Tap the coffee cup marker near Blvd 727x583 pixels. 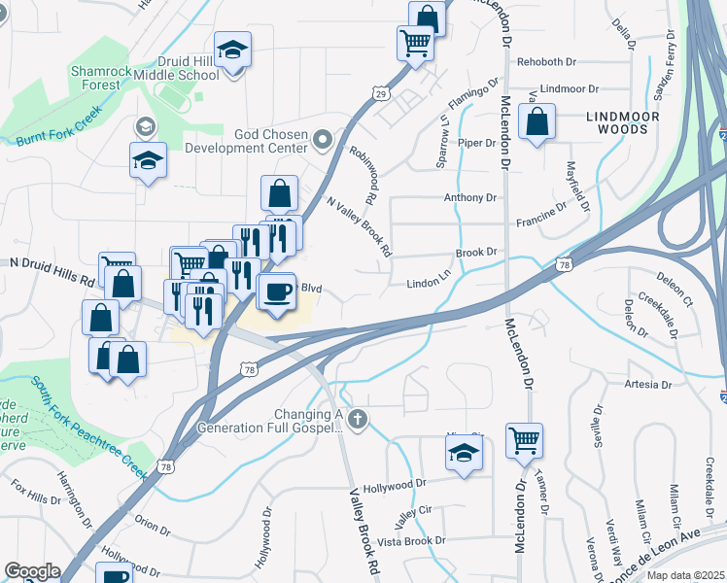tap(277, 291)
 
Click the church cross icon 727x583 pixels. tap(358, 419)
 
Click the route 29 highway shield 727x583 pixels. tap(380, 92)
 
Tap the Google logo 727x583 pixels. tap(32, 571)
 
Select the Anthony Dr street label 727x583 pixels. tap(469, 197)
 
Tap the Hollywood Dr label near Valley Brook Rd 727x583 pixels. tap(394, 483)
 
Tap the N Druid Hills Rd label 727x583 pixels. tap(53, 271)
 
